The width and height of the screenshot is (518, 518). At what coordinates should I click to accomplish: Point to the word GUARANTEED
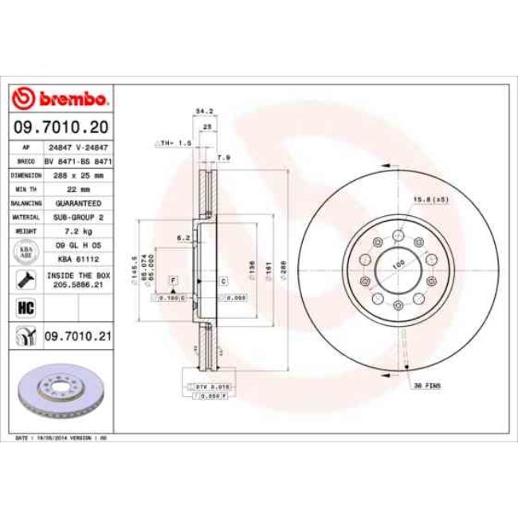tap(77, 202)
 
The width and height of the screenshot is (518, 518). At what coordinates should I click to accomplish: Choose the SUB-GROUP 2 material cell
tap(77, 217)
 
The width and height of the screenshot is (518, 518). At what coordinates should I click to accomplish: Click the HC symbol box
tap(23, 307)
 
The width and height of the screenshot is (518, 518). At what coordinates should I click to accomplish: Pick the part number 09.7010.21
tap(77, 337)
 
